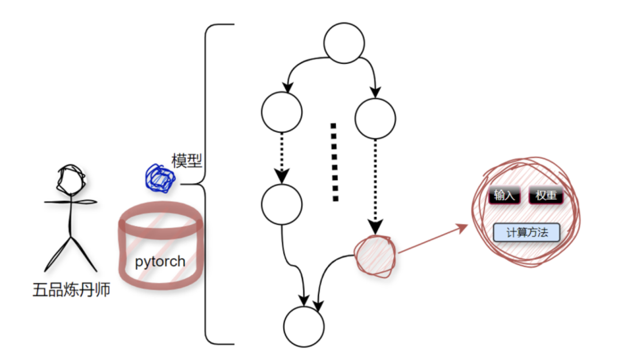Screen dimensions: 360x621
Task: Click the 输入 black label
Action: tap(504, 196)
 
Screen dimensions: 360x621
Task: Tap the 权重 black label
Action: tap(546, 196)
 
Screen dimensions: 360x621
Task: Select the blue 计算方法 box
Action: tap(526, 233)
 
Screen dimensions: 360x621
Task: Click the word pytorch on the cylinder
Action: tap(160, 262)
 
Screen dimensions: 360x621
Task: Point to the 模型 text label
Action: tap(187, 161)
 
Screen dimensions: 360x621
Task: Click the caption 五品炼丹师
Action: tap(71, 290)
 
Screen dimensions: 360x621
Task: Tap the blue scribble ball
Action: tap(160, 178)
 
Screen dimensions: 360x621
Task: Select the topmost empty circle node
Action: tap(344, 42)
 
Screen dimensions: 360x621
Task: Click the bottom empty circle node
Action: tap(304, 327)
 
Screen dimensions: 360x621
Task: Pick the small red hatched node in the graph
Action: tap(375, 256)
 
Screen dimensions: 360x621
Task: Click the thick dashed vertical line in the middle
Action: tap(334, 162)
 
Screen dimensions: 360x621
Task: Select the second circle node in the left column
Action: tap(281, 112)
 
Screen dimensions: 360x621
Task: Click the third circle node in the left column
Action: tap(281, 204)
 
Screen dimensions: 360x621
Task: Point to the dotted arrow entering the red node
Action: tap(375, 184)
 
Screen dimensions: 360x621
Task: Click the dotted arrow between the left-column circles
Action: tap(281, 155)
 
